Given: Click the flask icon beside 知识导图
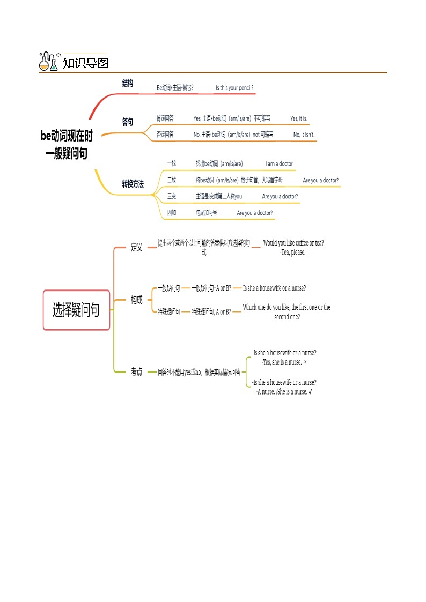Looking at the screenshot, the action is [48, 62].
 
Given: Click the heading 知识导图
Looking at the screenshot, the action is [86, 63].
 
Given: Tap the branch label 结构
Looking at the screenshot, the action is [128, 83].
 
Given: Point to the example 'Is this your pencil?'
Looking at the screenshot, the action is [234, 88].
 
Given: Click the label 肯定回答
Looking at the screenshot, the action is [165, 118].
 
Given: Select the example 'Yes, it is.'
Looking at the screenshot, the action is [298, 118].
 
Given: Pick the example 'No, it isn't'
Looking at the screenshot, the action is [303, 135].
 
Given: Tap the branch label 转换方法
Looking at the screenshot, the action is [133, 184].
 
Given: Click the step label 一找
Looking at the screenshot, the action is [171, 163].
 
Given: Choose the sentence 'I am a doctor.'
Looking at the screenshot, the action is [280, 164].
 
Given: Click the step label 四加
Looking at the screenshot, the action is [171, 213].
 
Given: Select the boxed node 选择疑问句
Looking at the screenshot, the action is [76, 310].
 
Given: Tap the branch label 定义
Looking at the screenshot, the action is [137, 248].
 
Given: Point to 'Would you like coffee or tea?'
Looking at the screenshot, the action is [293, 243].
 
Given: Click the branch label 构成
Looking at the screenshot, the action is [137, 300].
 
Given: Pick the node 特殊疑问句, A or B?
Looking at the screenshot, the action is [211, 311].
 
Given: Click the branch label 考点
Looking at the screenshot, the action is [137, 371].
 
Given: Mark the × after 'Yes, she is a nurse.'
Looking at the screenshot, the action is [305, 362].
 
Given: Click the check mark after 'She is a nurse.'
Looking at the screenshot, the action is [311, 392].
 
